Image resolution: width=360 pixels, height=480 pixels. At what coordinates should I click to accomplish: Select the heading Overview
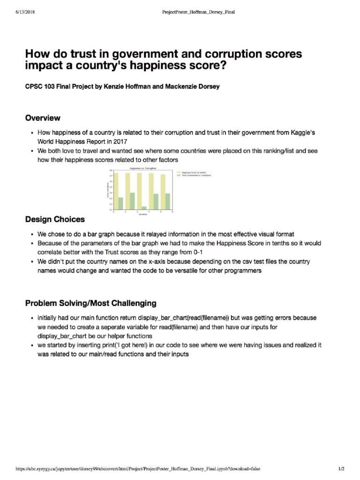(42, 118)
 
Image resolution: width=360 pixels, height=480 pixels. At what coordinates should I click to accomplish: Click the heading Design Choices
(55, 219)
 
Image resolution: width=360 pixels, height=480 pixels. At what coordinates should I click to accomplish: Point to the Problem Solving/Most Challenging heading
(90, 303)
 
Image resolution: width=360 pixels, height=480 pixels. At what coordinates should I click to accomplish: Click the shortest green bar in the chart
(144, 208)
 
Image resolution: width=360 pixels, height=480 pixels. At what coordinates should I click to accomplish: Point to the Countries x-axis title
(142, 214)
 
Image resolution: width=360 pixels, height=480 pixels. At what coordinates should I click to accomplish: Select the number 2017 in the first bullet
(120, 141)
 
